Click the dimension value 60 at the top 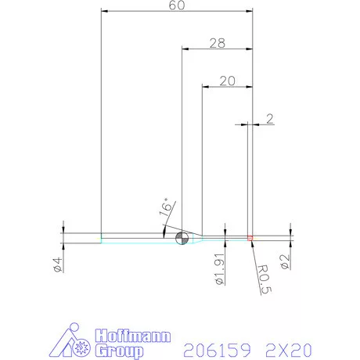pyautogui.click(x=177, y=6)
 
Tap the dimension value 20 pyautogui.click(x=227, y=80)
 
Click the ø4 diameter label pyautogui.click(x=58, y=264)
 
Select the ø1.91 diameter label pyautogui.click(x=221, y=268)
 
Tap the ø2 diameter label pyautogui.click(x=286, y=261)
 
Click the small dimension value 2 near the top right pyautogui.click(x=269, y=118)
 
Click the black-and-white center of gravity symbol pyautogui.click(x=182, y=239)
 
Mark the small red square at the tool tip pyautogui.click(x=250, y=236)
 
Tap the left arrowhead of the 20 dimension pyautogui.click(x=205, y=86)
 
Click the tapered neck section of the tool pyautogui.click(x=198, y=236)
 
